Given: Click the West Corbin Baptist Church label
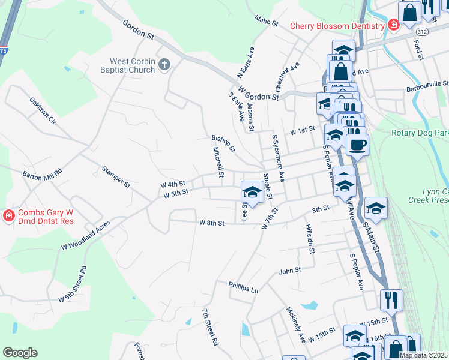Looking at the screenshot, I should click(132, 65).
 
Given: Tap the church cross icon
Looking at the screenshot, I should click(164, 63).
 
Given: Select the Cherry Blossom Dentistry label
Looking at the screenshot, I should click(337, 25).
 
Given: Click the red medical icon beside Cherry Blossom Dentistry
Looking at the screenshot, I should click(393, 25).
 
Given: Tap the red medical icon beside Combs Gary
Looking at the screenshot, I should click(9, 215).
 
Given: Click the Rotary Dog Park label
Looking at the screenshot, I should click(420, 133).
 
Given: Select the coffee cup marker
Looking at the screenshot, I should click(357, 145).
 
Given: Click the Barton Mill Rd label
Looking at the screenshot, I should click(42, 174).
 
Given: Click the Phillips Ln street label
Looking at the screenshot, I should click(243, 286).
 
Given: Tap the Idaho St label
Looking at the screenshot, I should click(267, 22).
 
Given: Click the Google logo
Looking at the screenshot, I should click(20, 352).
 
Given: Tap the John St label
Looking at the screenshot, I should click(289, 271).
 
